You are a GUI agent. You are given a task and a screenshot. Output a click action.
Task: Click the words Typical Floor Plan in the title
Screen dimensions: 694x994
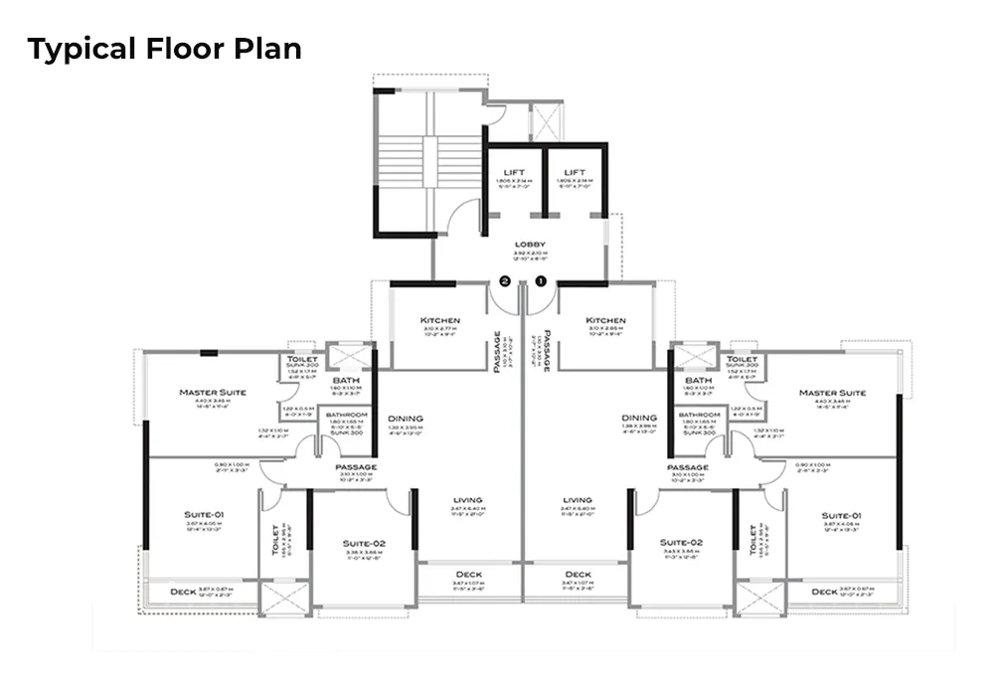click(x=164, y=49)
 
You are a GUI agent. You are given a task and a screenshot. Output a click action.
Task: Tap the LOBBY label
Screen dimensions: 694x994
click(x=529, y=245)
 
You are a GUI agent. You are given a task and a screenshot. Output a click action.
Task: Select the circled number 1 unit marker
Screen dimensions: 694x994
click(x=542, y=281)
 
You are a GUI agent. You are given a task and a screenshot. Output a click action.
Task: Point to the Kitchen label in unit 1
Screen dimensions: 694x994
click(x=605, y=320)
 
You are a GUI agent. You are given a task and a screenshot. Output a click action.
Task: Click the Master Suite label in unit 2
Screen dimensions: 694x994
click(x=213, y=393)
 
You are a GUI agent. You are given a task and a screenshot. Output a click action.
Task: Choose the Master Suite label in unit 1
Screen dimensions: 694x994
click(x=832, y=393)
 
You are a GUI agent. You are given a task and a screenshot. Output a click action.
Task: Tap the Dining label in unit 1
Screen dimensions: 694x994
click(x=638, y=419)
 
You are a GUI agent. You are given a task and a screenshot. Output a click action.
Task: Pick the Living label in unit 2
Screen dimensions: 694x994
click(x=466, y=500)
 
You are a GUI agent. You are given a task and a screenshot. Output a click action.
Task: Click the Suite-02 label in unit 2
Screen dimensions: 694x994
click(x=363, y=543)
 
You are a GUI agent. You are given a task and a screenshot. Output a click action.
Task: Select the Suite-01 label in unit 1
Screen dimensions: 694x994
click(x=841, y=516)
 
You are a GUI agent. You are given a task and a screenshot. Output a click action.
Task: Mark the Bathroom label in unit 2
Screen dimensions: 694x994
click(x=348, y=415)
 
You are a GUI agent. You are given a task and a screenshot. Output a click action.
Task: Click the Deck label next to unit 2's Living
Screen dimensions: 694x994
click(x=468, y=575)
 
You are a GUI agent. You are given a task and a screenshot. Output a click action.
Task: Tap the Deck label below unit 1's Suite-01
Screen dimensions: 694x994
click(x=824, y=592)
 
